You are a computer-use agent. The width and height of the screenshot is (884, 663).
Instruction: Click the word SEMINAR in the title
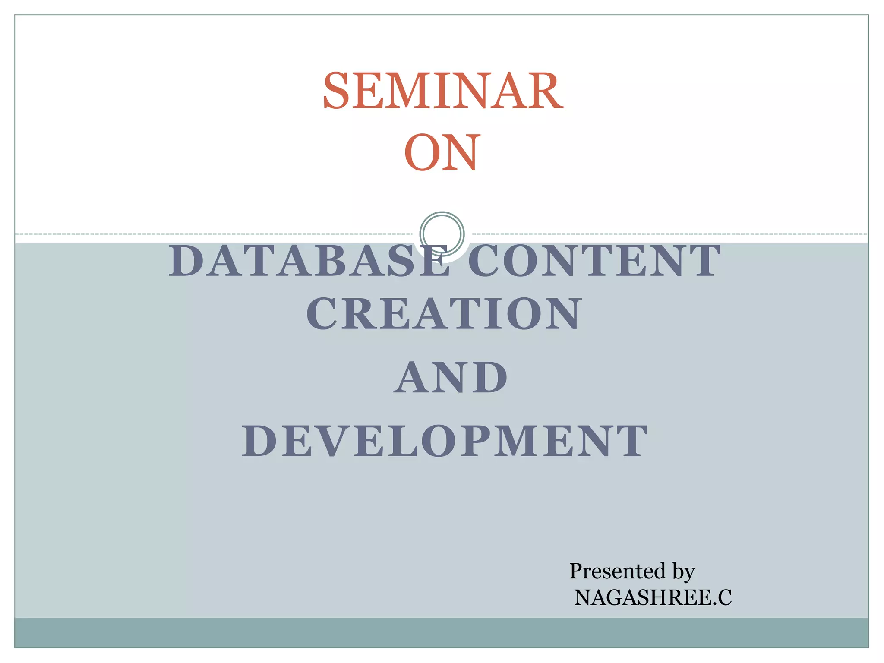pos(443,91)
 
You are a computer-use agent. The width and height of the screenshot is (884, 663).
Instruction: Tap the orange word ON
pos(442,153)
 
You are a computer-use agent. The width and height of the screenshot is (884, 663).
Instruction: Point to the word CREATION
pos(444,314)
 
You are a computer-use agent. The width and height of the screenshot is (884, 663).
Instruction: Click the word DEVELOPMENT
pos(445,441)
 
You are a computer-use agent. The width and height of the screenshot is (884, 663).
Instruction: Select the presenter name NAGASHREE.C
pos(653,598)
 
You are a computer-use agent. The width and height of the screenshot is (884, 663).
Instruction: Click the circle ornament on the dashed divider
pos(442,234)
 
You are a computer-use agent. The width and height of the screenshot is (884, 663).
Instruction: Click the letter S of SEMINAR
pos(337,91)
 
